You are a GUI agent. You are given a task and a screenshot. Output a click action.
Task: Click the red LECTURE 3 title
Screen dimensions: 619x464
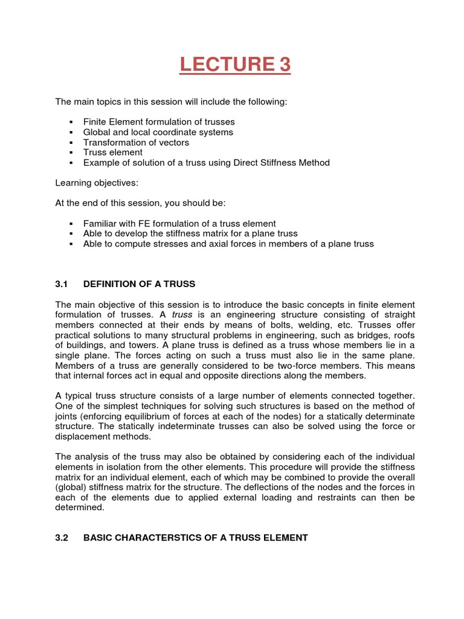(235, 64)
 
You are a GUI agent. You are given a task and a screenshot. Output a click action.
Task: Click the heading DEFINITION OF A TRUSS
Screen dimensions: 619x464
(139, 284)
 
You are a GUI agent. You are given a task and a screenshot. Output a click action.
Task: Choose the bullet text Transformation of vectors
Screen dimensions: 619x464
(136, 142)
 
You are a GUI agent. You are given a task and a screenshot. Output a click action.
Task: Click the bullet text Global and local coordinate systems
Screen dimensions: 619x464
(158, 132)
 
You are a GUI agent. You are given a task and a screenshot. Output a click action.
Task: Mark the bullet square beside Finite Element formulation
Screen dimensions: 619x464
(71, 122)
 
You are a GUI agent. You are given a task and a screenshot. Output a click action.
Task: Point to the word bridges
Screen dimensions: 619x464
(372, 335)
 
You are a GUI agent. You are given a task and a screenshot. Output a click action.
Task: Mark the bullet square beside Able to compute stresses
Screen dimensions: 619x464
(71, 244)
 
